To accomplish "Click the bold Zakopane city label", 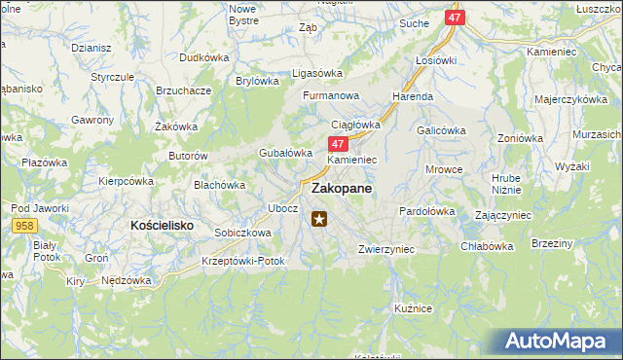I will point(341,190).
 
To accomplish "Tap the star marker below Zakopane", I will point(319,219).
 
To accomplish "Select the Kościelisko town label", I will point(163,225).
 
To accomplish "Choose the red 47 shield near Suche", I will point(455,18).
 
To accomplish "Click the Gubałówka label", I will point(284,153).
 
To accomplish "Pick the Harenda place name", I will point(412,97).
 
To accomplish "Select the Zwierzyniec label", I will point(386,249).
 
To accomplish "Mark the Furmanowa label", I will point(331,96).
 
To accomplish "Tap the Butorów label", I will point(189,156).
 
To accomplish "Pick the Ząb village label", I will point(309,28).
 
